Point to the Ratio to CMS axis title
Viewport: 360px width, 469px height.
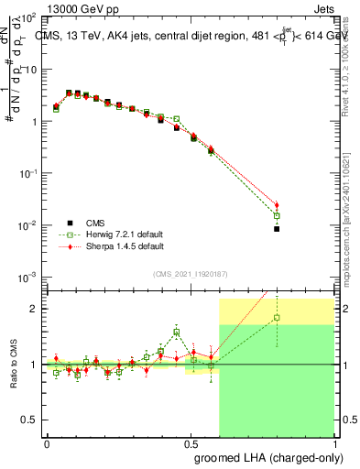(12, 364)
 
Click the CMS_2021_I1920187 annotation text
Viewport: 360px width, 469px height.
(190, 274)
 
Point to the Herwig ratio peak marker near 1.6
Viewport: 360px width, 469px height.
(176, 333)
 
